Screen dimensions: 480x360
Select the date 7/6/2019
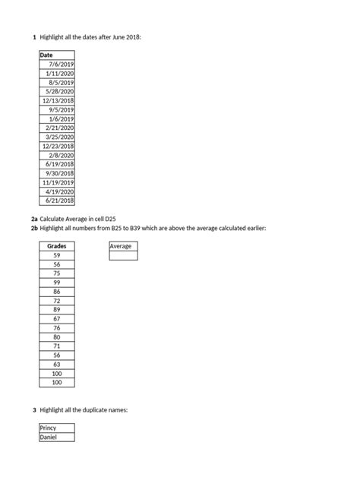point(61,65)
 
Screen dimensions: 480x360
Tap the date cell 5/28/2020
point(61,91)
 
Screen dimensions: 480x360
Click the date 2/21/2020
point(61,128)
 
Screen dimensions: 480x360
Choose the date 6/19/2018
point(61,164)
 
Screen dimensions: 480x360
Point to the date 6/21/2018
point(61,201)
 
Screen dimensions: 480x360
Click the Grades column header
point(57,247)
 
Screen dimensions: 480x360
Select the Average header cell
point(123,247)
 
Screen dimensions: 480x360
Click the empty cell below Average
point(123,256)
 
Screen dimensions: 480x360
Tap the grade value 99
point(57,283)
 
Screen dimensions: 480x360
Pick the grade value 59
point(57,256)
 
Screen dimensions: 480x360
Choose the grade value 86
point(57,292)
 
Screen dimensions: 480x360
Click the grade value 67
point(57,319)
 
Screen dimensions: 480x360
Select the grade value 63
point(57,364)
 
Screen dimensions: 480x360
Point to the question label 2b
point(35,228)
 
